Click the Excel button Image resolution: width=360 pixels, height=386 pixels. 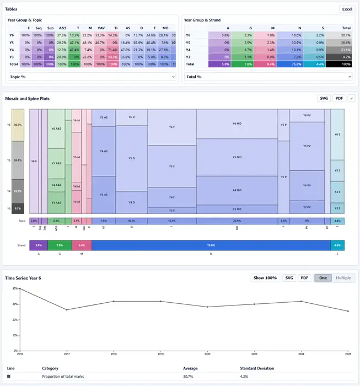click(347, 9)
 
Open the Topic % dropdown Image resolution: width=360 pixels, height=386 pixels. click(92, 77)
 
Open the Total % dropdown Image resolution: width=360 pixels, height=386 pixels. click(268, 77)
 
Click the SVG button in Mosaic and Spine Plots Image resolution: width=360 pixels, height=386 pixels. click(324, 98)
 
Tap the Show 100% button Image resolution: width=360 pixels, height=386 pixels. click(265, 278)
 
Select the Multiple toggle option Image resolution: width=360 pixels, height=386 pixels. click(343, 278)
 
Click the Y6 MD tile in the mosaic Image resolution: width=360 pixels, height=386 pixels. click(237, 124)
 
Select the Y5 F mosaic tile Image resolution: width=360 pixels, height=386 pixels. click(172, 166)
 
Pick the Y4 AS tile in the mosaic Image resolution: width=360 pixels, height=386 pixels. click(104, 151)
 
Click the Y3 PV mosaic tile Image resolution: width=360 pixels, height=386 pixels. click(307, 207)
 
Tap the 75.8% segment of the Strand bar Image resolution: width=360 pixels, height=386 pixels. click(211, 244)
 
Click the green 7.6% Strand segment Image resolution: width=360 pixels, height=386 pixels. click(60, 244)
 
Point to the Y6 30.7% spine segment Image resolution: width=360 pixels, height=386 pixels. click(18, 125)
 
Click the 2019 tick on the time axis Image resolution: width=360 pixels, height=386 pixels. click(160, 354)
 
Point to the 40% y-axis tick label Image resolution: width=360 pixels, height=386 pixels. click(14, 304)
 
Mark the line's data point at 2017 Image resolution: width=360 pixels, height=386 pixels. click(67, 310)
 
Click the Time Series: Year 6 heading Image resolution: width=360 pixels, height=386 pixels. click(23, 278)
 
